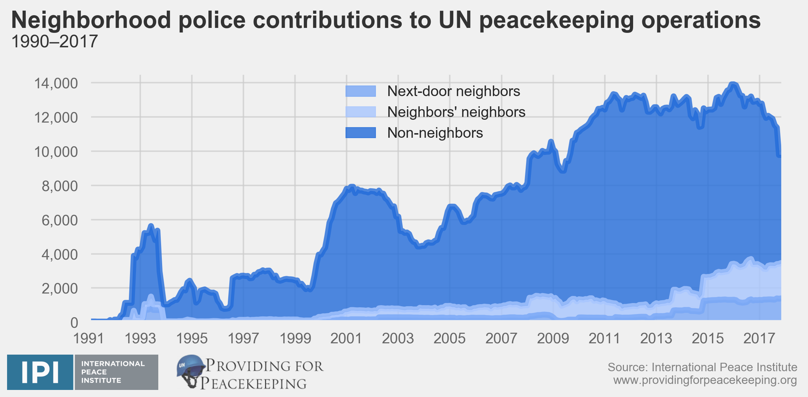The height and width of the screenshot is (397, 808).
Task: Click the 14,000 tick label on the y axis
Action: [55, 84]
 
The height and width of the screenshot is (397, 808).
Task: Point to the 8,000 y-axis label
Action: [59, 186]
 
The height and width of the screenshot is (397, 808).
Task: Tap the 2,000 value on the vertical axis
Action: [59, 289]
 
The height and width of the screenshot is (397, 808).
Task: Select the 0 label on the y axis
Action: [74, 323]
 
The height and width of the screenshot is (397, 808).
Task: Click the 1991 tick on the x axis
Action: [88, 339]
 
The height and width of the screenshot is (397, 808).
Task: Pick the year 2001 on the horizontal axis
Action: [346, 339]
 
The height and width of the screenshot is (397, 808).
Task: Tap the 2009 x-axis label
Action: [553, 339]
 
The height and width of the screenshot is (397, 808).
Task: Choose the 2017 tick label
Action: [759, 339]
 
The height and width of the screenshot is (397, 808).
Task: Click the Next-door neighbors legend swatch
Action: [360, 91]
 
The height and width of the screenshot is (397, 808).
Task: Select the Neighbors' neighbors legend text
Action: [456, 112]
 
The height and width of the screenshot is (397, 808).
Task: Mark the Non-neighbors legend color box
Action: [360, 133]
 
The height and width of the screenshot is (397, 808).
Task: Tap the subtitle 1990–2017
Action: [54, 42]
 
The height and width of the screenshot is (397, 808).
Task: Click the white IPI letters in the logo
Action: [40, 372]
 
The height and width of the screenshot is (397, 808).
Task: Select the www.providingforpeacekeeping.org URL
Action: [705, 380]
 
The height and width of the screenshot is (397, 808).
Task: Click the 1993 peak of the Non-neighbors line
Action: [151, 225]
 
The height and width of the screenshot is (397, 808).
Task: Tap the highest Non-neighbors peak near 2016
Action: [733, 84]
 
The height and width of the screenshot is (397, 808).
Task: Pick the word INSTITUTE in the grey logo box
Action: [101, 380]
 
